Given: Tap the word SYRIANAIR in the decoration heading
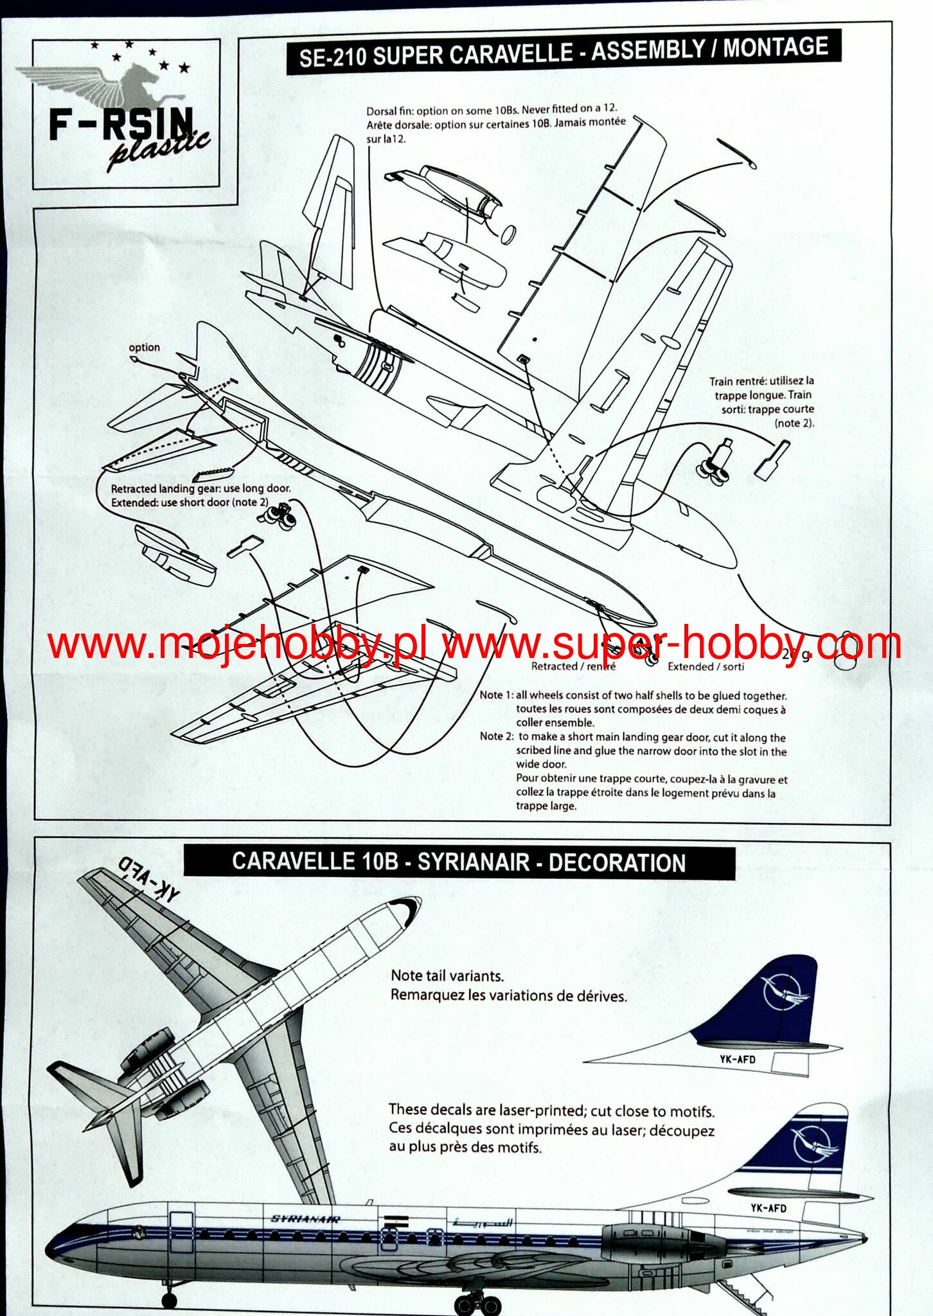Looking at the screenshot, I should pos(474,862).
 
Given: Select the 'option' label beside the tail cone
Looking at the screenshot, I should pos(144,348).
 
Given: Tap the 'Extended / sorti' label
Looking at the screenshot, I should pos(706,666).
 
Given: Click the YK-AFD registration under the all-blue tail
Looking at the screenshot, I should pos(737,1059).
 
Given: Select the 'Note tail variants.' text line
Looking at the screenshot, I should pos(447,975).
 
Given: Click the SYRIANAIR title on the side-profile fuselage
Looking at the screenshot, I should pos(305,1219).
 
